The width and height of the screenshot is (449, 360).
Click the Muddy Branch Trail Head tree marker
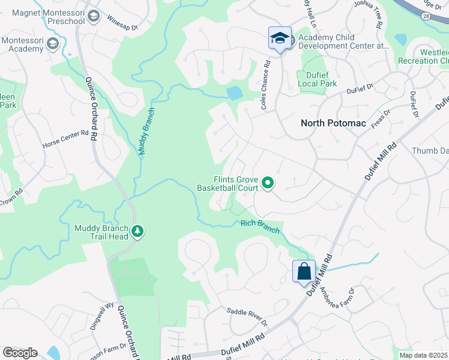click(137, 232)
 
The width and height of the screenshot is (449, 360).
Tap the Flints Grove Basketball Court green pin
click(267, 184)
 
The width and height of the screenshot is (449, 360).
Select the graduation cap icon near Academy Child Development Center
click(280, 38)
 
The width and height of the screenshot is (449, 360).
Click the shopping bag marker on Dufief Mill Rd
click(304, 271)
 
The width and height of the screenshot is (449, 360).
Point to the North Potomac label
click(329, 123)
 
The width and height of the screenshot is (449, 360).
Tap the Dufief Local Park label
click(317, 80)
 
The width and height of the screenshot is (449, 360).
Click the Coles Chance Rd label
click(264, 80)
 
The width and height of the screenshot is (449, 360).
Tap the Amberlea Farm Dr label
click(340, 296)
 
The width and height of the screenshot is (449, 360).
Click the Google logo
click(20, 353)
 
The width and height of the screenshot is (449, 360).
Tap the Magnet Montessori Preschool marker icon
click(92, 16)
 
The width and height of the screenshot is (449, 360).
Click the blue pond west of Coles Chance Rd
click(234, 93)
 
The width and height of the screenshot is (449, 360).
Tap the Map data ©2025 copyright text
click(424, 355)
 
